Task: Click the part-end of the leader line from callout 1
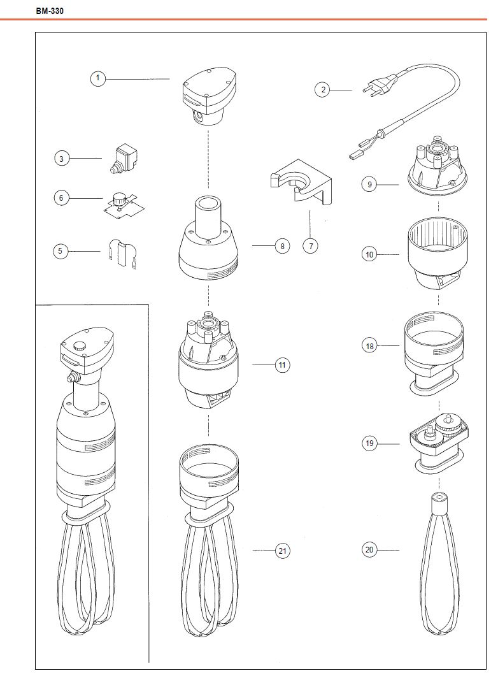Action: tap(169, 79)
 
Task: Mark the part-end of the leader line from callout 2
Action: tap(352, 90)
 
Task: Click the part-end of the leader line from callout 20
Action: tap(399, 550)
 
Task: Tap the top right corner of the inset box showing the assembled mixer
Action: tap(148, 305)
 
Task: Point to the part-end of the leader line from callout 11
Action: tap(253, 365)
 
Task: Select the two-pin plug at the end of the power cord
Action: tap(380, 83)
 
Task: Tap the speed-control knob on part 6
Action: tap(118, 199)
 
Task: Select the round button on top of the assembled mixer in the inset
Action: tap(80, 346)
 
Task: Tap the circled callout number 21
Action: tap(282, 551)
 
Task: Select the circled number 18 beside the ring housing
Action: tap(369, 346)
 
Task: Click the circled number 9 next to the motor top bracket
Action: tap(369, 185)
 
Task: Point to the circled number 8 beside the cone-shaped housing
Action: tap(282, 246)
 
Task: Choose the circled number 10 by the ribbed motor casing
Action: tap(369, 255)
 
